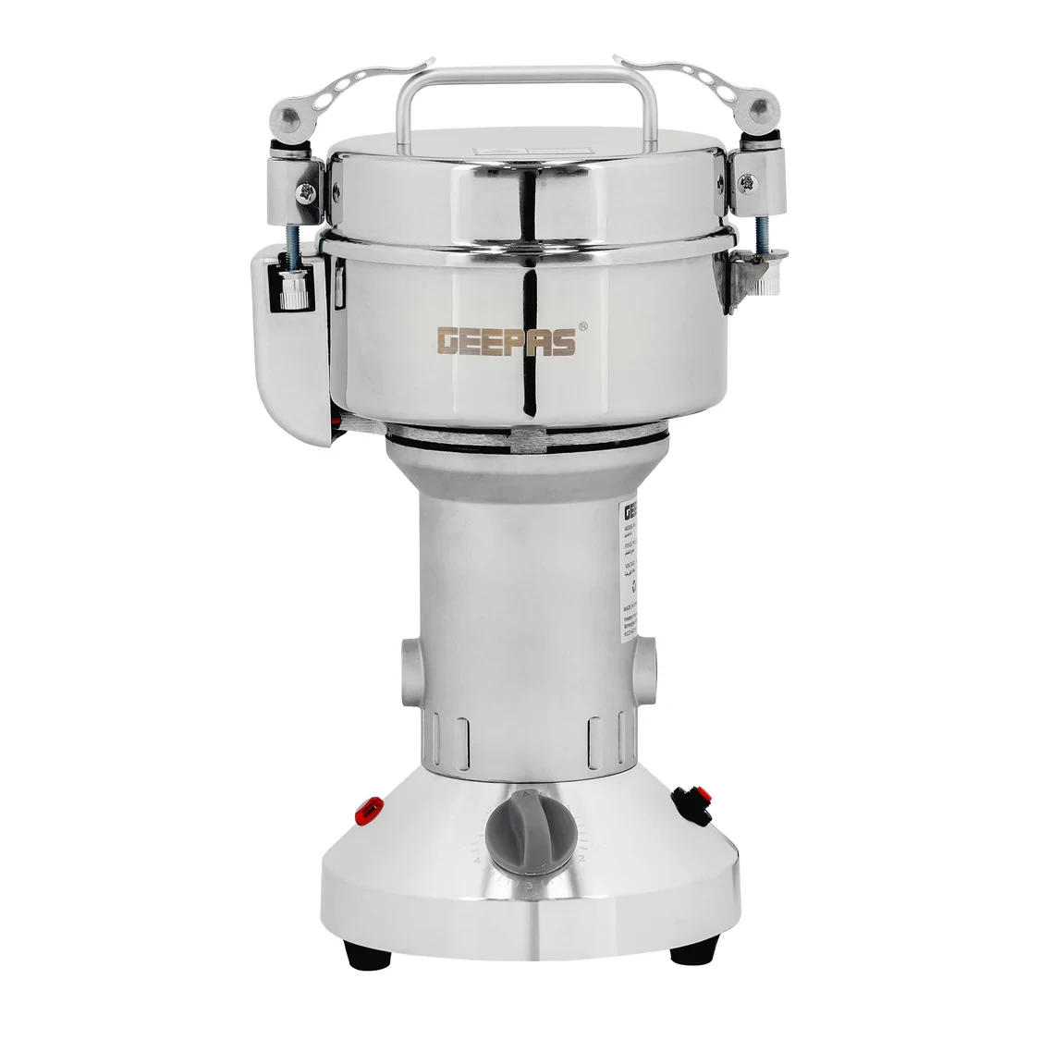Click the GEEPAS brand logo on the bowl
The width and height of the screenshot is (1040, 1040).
(507, 341)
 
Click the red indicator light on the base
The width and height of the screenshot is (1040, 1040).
(370, 810)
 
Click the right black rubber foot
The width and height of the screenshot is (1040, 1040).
(693, 948)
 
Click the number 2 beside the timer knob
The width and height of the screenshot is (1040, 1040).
(581, 860)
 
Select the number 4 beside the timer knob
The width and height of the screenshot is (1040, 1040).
(478, 861)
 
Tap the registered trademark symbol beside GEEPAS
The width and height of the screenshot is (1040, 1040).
(583, 326)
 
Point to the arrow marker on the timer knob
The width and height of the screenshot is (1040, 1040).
(528, 795)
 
